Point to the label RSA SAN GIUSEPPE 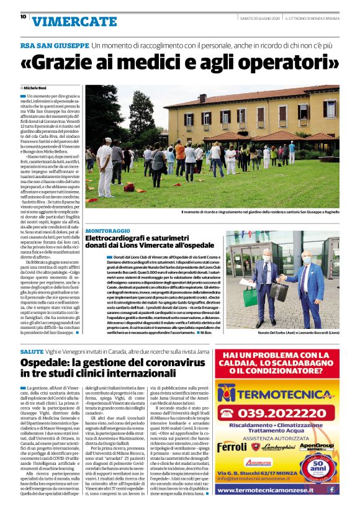pyautogui.click(x=54, y=46)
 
